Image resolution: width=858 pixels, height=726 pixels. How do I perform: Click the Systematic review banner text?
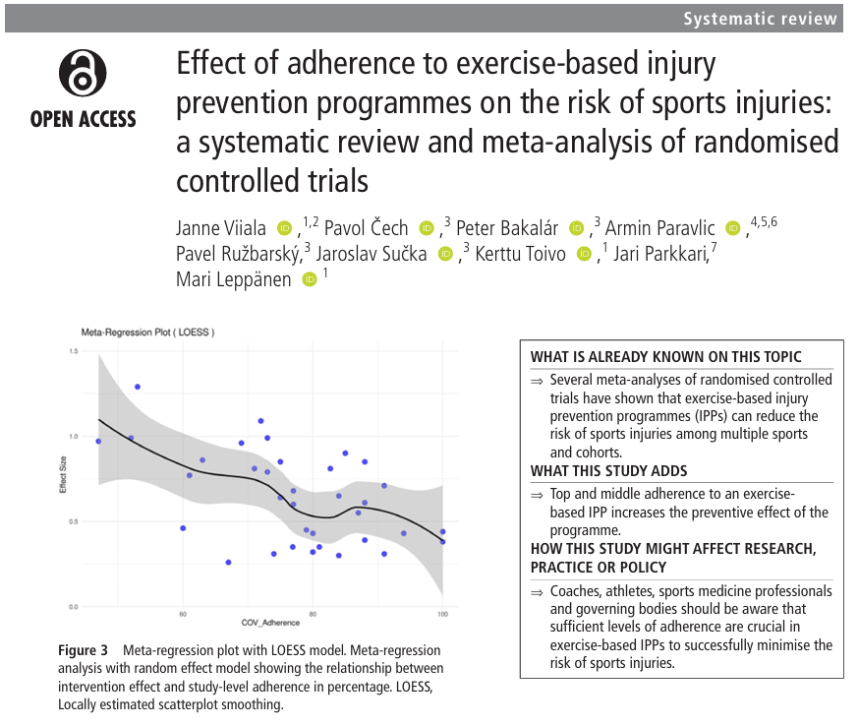[x=761, y=19]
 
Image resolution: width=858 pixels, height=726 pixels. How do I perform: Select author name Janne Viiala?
[x=221, y=228]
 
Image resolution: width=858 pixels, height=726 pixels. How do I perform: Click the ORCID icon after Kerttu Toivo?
[x=584, y=255]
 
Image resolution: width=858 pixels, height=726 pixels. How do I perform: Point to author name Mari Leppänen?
[x=233, y=279]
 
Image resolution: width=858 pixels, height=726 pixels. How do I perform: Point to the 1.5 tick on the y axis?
[x=73, y=351]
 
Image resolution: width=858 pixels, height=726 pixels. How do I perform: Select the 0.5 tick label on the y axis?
[x=73, y=521]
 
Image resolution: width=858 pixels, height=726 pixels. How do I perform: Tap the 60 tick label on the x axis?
[x=183, y=615]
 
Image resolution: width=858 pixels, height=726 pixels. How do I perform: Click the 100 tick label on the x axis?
[x=441, y=615]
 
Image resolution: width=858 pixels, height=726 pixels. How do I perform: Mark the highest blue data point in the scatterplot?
[x=138, y=387]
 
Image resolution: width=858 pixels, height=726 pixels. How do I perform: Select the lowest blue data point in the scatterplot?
[x=228, y=563]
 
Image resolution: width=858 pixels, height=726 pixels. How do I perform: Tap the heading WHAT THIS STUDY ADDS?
[x=608, y=471]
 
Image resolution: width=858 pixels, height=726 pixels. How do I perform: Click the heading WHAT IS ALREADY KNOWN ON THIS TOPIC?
[x=665, y=357]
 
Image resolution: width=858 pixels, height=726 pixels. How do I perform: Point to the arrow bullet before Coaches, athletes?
[x=537, y=592]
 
